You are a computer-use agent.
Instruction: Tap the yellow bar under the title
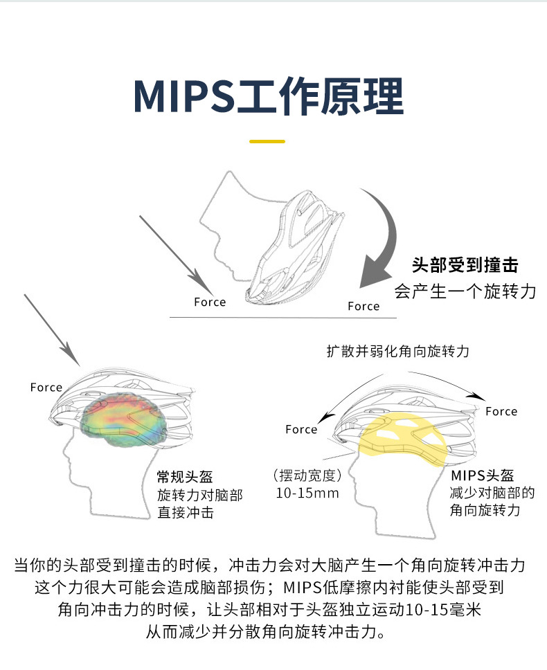[x=267, y=141]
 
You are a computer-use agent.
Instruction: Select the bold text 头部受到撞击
[x=465, y=265]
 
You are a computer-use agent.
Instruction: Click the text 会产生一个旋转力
[x=465, y=291]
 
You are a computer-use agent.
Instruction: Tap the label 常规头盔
[x=185, y=477]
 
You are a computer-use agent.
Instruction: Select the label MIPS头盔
[x=483, y=476]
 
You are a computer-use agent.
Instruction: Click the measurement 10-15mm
[x=307, y=494]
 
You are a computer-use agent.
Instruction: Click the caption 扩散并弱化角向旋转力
[x=398, y=352]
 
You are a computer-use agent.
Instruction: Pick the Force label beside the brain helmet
[x=46, y=388]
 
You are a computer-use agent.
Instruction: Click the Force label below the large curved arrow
[x=364, y=306]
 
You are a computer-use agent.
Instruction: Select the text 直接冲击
[x=185, y=513]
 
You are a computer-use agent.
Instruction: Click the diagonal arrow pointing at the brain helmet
[x=53, y=329]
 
